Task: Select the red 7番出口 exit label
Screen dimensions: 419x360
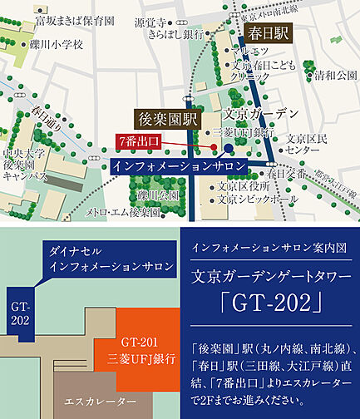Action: coord(138,140)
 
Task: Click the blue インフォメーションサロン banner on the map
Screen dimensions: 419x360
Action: coord(179,166)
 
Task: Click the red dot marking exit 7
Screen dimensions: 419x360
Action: coord(215,147)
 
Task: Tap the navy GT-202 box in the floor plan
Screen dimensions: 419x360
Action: coord(20,313)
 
